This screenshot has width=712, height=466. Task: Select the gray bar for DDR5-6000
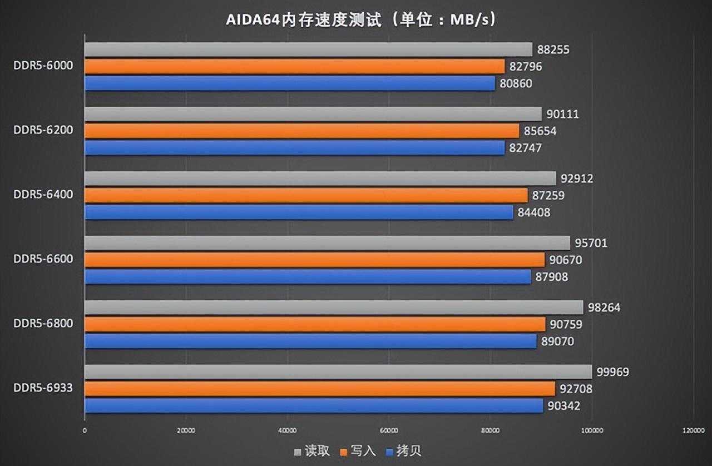point(308,50)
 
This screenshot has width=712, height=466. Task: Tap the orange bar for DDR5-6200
point(301,131)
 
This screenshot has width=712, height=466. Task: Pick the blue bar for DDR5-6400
point(299,212)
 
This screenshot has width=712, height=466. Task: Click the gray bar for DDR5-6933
point(338,372)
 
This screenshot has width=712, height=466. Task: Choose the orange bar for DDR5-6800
point(315,324)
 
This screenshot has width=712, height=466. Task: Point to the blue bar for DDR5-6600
point(308,276)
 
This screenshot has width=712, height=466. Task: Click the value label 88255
point(554,50)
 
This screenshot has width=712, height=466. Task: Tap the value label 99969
point(613,372)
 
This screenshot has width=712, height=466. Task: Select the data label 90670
point(566,260)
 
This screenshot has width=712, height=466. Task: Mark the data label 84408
point(535,212)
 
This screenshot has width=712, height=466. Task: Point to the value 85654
point(541,131)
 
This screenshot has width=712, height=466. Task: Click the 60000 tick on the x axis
point(388,430)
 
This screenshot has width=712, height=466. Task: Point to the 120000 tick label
point(693,430)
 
